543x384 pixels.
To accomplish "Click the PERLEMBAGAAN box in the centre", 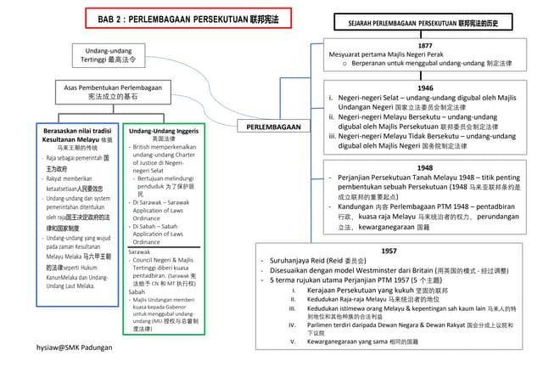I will [x=274, y=127].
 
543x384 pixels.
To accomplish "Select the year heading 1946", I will [x=425, y=87].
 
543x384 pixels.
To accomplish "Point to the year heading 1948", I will [x=425, y=168].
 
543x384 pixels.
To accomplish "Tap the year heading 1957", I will [x=389, y=251].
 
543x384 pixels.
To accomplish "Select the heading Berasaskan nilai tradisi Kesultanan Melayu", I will [x=76, y=135].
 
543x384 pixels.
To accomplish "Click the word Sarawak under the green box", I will [x=140, y=252].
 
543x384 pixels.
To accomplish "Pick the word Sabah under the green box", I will [x=137, y=291].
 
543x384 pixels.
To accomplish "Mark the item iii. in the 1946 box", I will [x=333, y=135].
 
